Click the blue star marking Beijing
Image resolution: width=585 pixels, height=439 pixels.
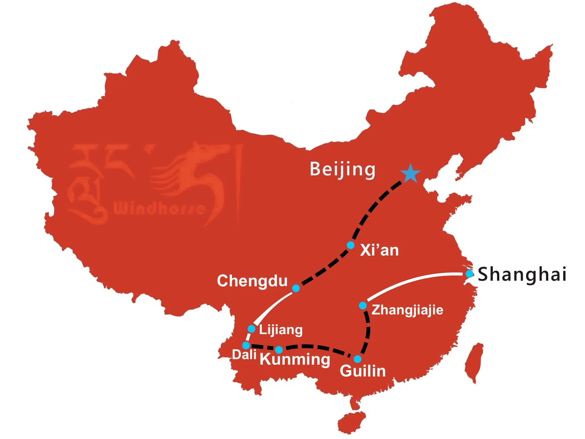coord(411,174)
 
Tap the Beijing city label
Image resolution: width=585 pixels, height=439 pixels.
coord(342,169)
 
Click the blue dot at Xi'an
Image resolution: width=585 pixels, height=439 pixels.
coord(351,245)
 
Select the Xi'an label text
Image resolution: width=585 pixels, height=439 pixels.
coord(379,250)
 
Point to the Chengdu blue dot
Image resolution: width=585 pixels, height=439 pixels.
coord(296,288)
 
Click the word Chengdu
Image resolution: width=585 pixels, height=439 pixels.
coord(252,281)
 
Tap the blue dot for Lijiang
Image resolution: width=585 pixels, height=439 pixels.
coord(252,329)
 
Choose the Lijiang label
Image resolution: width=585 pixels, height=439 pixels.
coord(281,330)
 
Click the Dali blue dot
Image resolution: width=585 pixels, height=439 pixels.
coord(246,345)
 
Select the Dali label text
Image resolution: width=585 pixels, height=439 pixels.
coord(244,355)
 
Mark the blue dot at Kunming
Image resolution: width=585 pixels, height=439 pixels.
coord(279,350)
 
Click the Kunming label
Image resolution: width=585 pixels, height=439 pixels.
coord(295,359)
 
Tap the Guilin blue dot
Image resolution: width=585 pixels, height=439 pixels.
coord(358,359)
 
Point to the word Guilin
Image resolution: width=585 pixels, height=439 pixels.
coord(363,371)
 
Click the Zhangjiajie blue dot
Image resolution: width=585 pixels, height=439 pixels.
coord(363,306)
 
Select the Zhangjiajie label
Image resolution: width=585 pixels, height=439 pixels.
coord(407,310)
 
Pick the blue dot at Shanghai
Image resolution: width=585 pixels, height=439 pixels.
coord(469,274)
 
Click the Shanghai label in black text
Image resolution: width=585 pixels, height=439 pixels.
coord(522,274)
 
